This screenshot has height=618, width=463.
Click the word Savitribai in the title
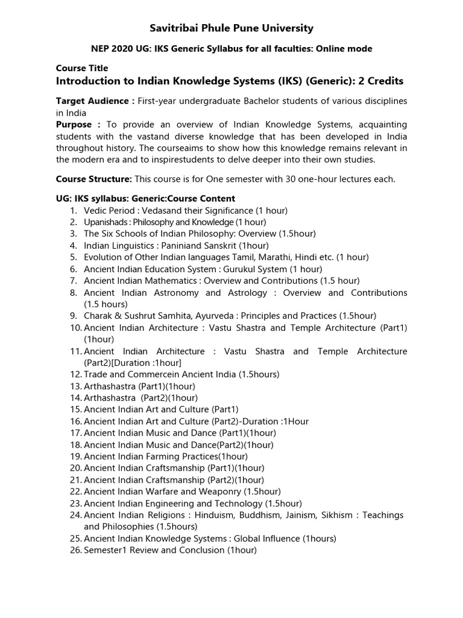coord(173,28)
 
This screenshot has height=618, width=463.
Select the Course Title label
coord(82,68)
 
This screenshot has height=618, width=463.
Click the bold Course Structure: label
coord(94,179)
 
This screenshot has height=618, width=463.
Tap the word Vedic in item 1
coord(95,210)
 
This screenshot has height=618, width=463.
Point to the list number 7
coord(73,281)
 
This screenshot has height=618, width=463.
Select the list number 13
coord(75,386)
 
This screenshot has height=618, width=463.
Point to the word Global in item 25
coord(247,538)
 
